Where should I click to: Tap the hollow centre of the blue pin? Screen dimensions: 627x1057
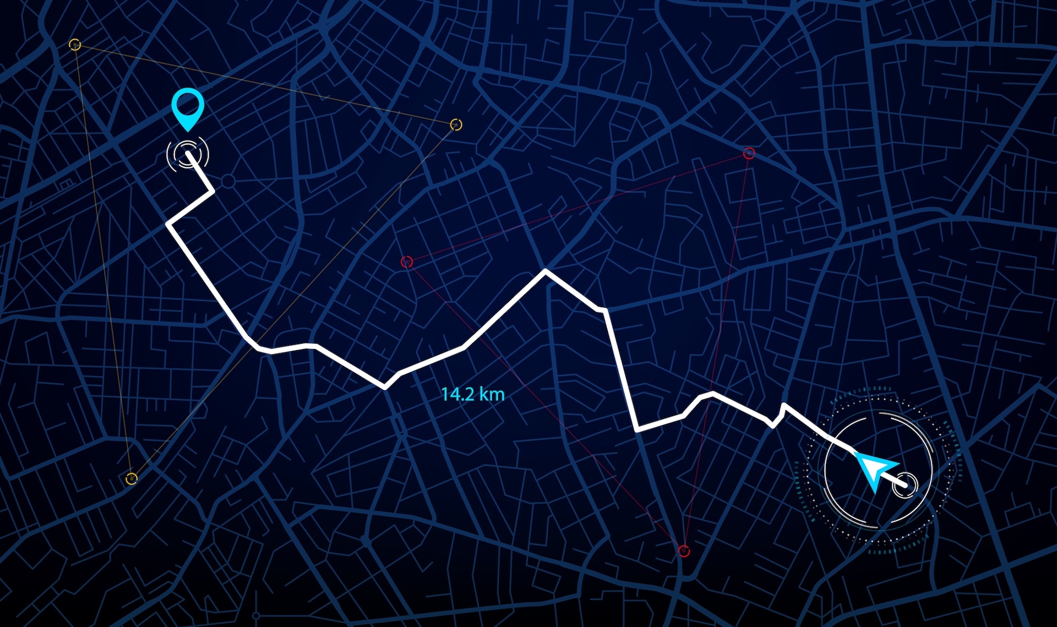click(188, 103)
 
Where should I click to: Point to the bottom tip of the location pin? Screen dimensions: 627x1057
click(188, 130)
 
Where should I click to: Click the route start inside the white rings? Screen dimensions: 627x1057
click(188, 154)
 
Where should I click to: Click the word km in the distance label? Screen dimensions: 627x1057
click(492, 394)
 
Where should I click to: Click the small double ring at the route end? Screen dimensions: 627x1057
click(906, 485)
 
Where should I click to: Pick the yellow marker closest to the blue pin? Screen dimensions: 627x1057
click(75, 45)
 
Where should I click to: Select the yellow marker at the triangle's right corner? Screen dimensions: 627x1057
click(456, 124)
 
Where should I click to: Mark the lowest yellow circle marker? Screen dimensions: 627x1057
click(131, 478)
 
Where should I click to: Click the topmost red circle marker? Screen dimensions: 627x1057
click(749, 154)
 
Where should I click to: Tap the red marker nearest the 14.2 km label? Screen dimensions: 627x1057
click(407, 261)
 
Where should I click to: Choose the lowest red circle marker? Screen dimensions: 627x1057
click(684, 550)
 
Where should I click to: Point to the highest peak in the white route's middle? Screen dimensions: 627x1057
click(546, 271)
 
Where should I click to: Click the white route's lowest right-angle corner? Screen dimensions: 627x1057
click(638, 429)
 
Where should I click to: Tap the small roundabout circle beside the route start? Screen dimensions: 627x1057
click(228, 181)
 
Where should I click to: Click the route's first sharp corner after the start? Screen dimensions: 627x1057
click(212, 191)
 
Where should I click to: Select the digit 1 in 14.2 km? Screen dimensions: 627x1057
click(444, 394)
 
